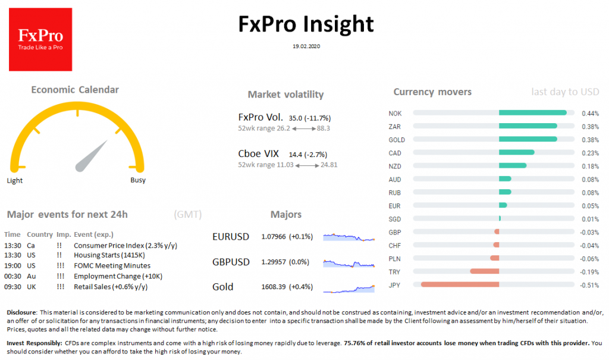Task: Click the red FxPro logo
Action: coord(40,39)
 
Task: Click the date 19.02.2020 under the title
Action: coord(306,46)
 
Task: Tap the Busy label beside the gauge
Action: coord(137,180)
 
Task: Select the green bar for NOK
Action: coord(532,113)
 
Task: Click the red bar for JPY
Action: coord(460,284)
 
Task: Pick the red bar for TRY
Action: coord(484,271)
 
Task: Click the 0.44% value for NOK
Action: coord(590,113)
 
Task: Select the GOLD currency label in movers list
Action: coord(396,140)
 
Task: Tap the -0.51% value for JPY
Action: coord(589,284)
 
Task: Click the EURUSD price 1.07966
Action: coord(274,237)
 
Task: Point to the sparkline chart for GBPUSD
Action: coord(349,262)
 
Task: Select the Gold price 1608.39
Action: coord(274,287)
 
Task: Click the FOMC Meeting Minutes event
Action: coord(112,265)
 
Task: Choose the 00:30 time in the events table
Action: coord(12,276)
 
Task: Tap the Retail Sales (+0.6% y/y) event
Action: coord(110,286)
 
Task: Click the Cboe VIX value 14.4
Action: coord(296,154)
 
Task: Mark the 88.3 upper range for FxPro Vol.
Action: coord(324,128)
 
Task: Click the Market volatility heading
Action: coord(285,95)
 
